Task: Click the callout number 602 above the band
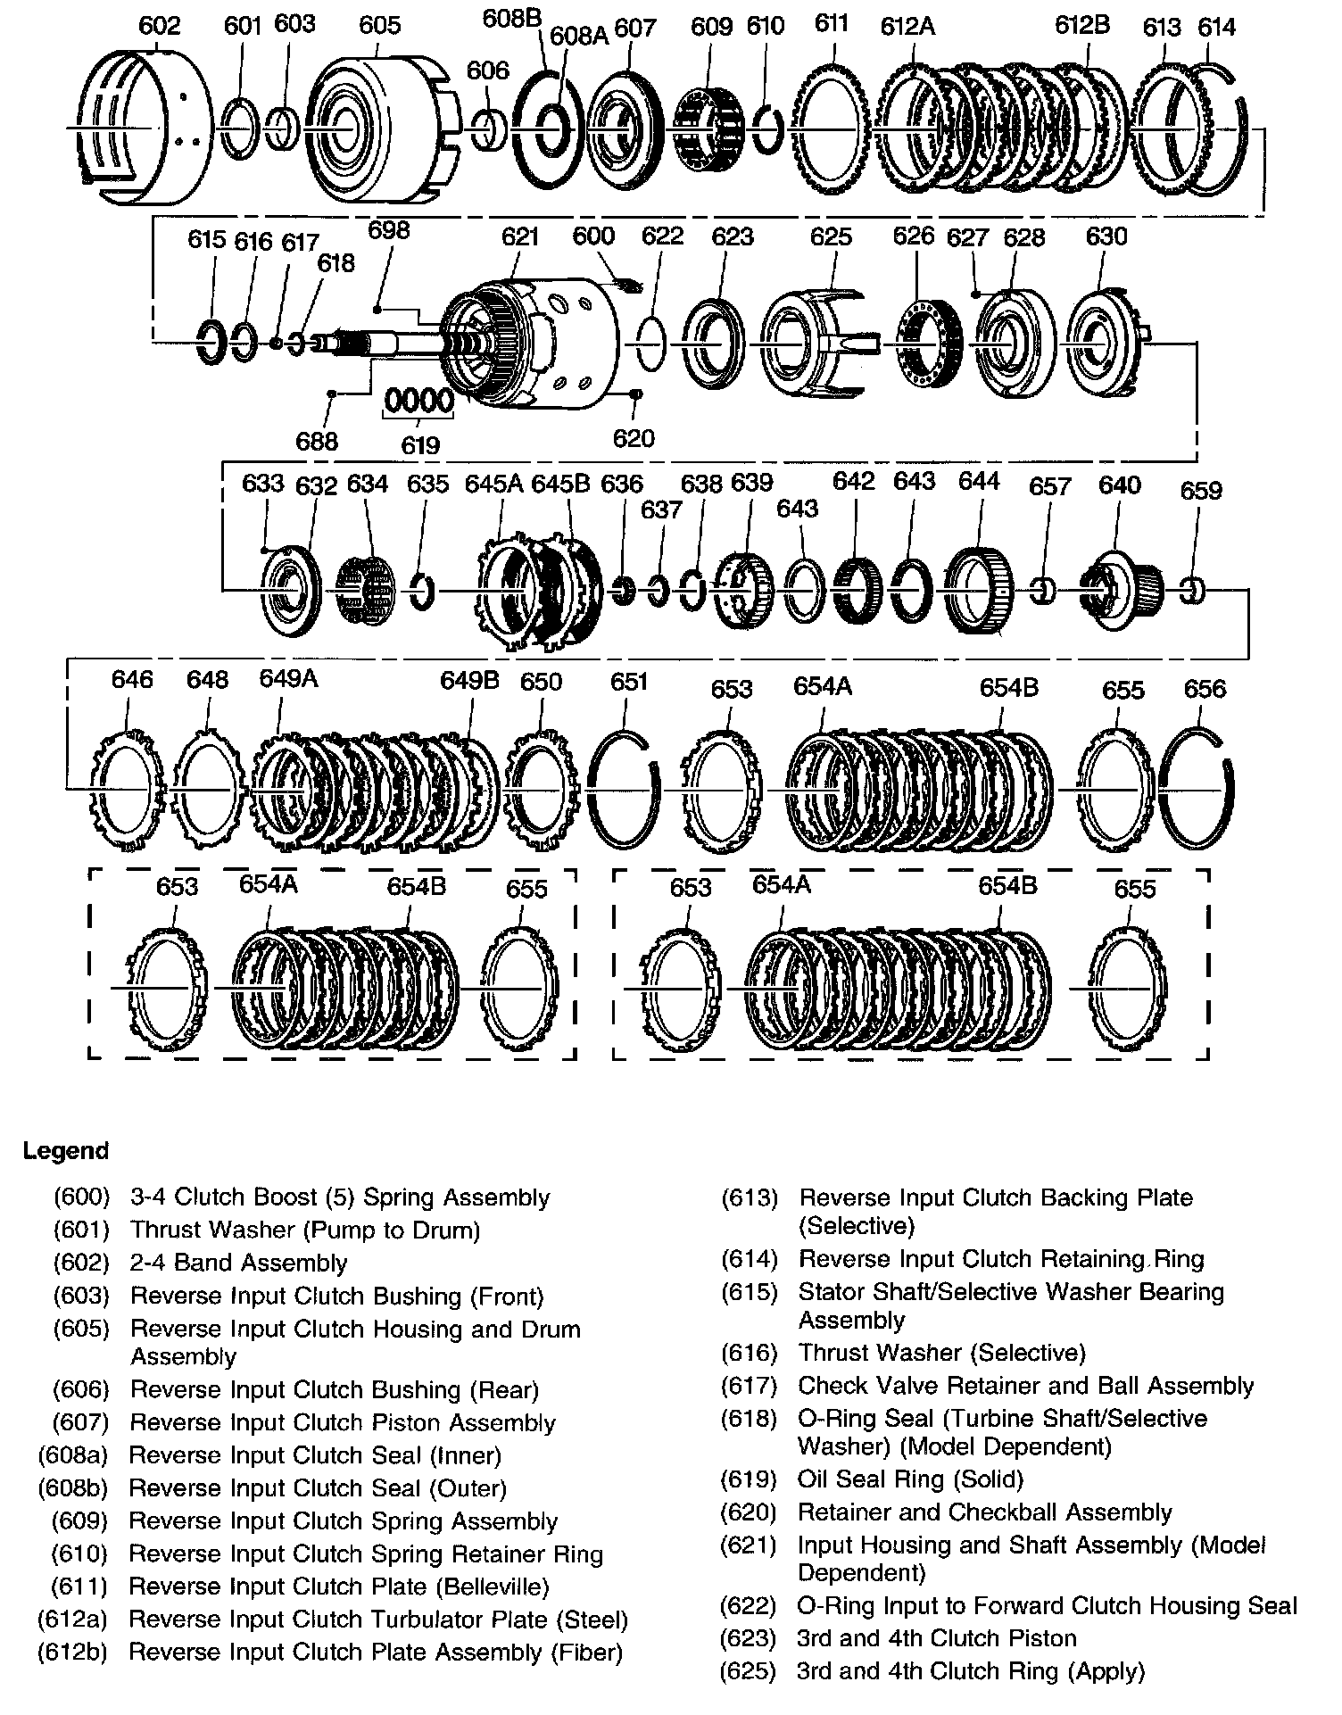[x=159, y=25]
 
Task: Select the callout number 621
[x=520, y=236]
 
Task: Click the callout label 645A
[x=493, y=483]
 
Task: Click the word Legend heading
[x=65, y=1150]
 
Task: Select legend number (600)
[x=81, y=1197]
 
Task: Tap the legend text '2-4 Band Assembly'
[x=238, y=1263]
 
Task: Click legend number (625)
[x=749, y=1670]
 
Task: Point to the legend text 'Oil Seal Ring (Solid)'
[x=910, y=1479]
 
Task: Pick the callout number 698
[x=389, y=230]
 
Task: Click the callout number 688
[x=317, y=441]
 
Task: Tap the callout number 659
[x=1200, y=490]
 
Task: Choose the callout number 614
[x=1216, y=27]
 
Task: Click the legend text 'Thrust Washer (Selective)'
[x=941, y=1353]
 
